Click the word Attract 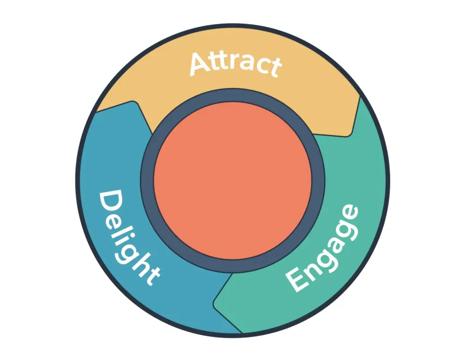click(236, 64)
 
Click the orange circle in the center click(233, 181)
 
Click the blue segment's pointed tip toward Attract click(133, 102)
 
